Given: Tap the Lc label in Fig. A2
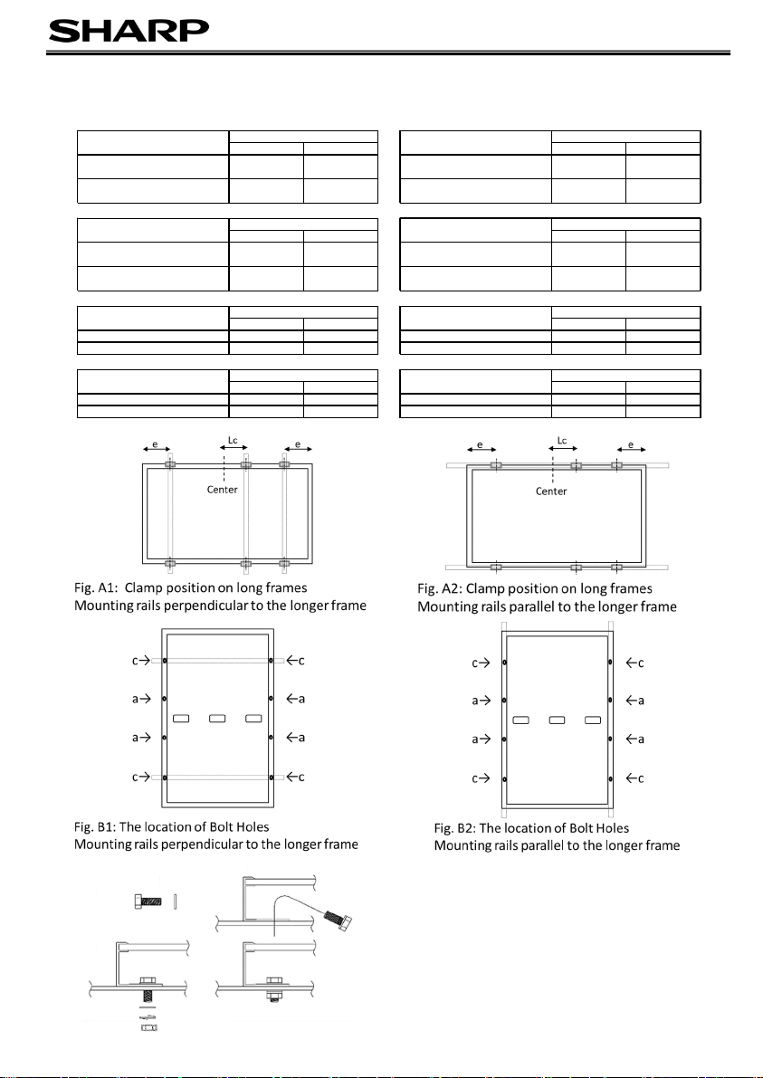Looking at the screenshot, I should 561,441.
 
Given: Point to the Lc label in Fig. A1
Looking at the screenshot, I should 231,443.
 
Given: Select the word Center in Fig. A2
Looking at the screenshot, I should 552,491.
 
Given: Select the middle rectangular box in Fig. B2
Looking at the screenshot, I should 557,720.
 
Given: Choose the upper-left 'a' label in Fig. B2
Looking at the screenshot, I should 477,700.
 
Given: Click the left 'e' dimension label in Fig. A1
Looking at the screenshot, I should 156,445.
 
